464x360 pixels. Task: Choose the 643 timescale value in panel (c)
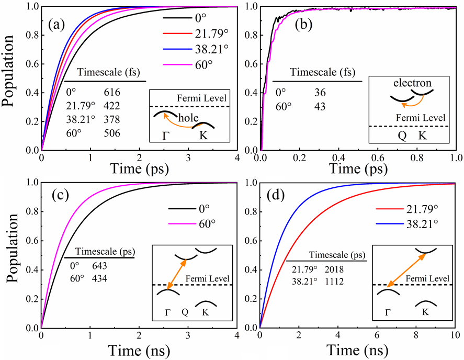[99, 267]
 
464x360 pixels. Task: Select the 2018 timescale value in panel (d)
[336, 269]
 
